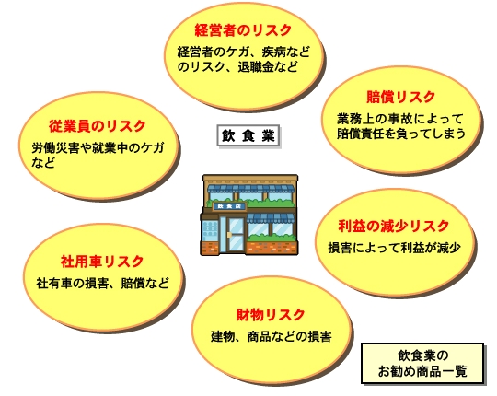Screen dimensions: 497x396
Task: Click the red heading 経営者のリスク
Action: click(x=243, y=30)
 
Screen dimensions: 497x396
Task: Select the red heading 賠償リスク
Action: click(x=401, y=97)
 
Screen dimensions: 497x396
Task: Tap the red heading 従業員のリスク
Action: click(x=97, y=126)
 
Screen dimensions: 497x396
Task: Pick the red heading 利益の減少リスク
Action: click(x=393, y=226)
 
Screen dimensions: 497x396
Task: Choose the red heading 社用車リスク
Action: click(x=102, y=262)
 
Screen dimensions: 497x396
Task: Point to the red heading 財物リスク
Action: click(x=271, y=315)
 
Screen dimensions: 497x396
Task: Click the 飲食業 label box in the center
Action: click(x=248, y=135)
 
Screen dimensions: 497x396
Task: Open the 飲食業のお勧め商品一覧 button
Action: click(x=422, y=364)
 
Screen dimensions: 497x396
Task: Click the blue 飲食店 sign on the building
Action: click(x=229, y=206)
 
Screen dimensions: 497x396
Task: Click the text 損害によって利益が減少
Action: click(x=394, y=248)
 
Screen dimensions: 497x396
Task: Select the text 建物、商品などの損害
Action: click(x=272, y=336)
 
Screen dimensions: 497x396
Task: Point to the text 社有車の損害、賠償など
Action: click(x=102, y=283)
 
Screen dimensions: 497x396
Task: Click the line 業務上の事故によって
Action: click(x=400, y=119)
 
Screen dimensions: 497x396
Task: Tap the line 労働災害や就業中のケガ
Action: click(x=98, y=147)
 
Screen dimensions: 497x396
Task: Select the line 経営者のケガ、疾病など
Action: click(x=243, y=52)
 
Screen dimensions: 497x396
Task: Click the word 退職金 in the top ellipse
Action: click(x=256, y=67)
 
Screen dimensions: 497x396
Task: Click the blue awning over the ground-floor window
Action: click(x=271, y=218)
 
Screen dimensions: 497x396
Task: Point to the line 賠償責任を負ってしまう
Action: click(x=401, y=134)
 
